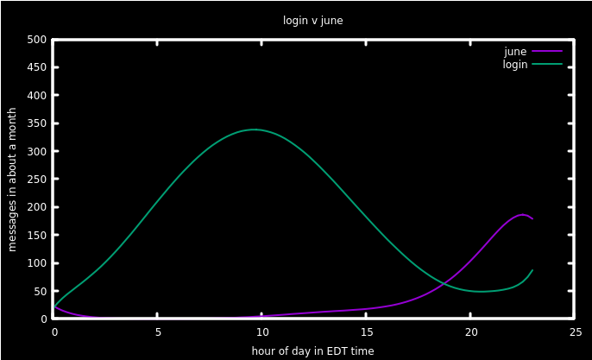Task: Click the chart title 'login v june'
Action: click(x=313, y=21)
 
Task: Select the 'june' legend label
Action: click(x=515, y=52)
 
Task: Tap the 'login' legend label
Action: click(x=515, y=65)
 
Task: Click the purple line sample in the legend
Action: click(x=547, y=51)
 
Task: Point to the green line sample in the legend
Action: click(x=547, y=64)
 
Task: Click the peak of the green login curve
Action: click(x=255, y=129)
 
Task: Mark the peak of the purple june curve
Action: click(x=523, y=215)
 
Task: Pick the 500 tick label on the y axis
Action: click(x=36, y=40)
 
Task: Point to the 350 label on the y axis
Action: click(x=36, y=123)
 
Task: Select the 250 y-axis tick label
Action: click(x=36, y=180)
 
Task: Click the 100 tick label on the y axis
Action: click(x=36, y=263)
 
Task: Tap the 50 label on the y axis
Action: click(x=40, y=291)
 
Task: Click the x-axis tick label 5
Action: click(x=158, y=332)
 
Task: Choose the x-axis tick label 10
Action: click(x=262, y=332)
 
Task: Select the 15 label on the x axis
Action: click(x=367, y=332)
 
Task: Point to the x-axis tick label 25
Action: click(x=576, y=332)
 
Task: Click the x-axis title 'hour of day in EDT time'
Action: click(x=312, y=351)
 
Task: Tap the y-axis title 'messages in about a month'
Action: click(x=12, y=180)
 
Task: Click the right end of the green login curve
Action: click(x=532, y=270)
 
